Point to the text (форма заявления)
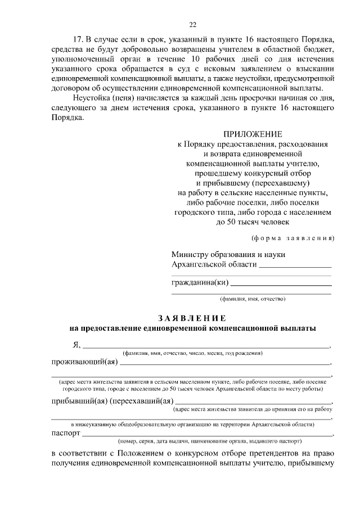coord(292,237)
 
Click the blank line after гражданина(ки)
coord(281,285)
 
